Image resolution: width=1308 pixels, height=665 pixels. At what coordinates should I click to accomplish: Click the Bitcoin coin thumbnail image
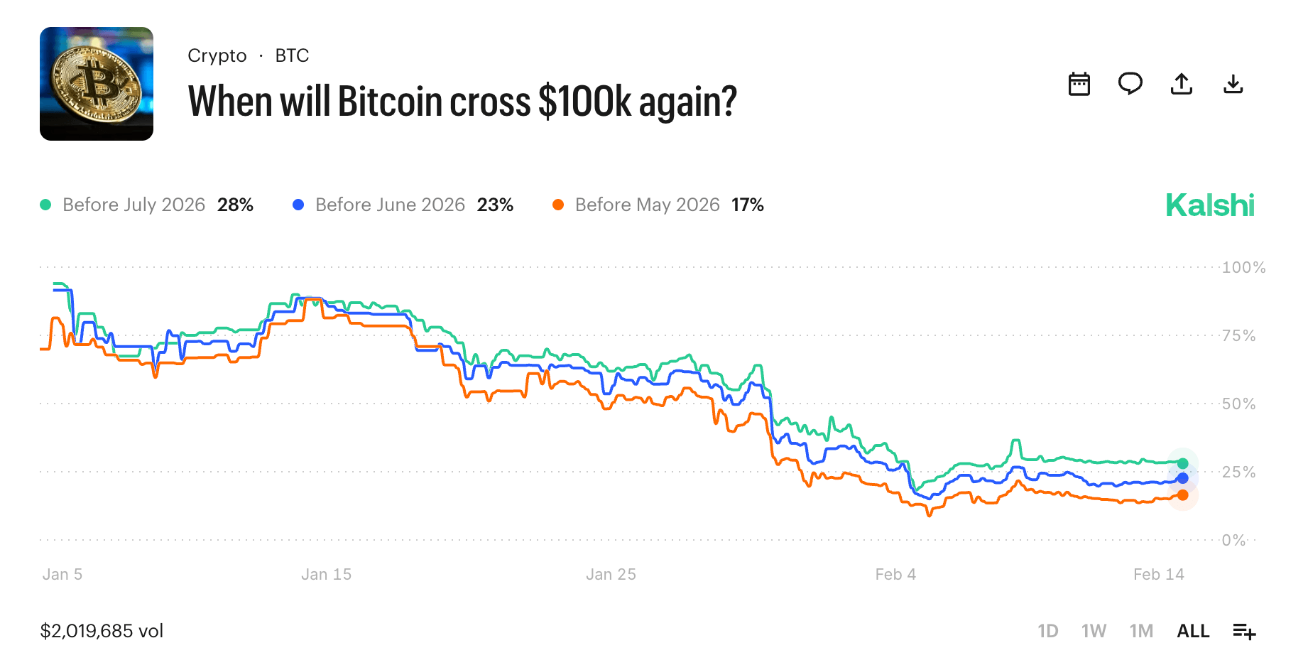point(97,84)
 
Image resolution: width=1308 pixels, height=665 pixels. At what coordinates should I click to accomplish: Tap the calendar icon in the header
point(1079,84)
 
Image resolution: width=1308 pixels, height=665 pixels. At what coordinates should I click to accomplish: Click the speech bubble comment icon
point(1130,84)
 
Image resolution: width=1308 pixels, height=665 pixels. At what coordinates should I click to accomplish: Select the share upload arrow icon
point(1181,84)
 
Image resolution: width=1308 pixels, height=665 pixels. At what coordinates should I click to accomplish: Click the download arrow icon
point(1233,84)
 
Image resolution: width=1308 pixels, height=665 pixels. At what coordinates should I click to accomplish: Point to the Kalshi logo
point(1210,205)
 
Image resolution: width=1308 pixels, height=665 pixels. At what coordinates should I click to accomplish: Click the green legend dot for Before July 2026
point(46,205)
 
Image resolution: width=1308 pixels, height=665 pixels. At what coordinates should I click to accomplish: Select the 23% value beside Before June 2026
point(495,205)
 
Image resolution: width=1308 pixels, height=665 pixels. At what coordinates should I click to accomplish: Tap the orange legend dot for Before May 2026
point(558,205)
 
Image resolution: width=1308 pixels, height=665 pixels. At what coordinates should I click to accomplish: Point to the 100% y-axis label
point(1243,268)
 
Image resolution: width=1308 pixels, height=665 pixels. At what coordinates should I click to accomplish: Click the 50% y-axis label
point(1238,404)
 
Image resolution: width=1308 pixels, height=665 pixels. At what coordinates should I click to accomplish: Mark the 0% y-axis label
point(1233,541)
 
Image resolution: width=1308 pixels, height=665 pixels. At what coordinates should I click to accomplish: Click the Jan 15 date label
point(326,574)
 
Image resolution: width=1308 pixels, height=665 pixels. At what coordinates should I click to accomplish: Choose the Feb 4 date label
point(895,574)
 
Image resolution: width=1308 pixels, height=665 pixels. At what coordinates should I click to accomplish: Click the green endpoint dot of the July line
point(1182,463)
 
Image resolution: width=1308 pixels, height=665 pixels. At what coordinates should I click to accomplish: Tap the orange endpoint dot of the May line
point(1182,495)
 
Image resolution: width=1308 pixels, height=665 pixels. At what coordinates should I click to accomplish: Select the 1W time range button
point(1094,631)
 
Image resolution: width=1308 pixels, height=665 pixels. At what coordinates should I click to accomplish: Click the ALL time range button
point(1193,631)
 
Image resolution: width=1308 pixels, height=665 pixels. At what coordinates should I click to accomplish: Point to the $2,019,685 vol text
point(102,631)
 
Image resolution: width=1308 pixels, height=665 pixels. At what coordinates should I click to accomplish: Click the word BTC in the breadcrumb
point(292,55)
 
